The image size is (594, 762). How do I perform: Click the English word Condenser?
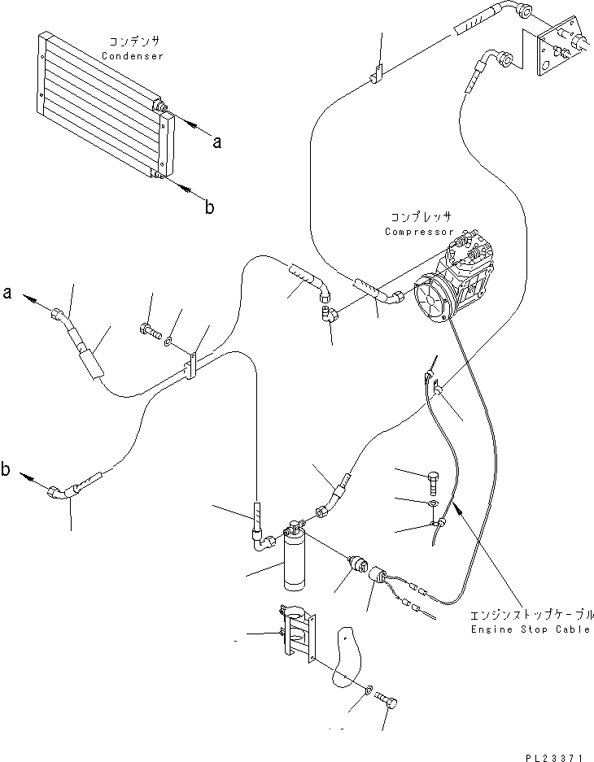click(133, 56)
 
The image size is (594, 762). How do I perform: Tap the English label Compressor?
click(419, 231)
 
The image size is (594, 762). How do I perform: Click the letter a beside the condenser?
click(216, 142)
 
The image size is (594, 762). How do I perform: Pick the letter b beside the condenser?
click(209, 207)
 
